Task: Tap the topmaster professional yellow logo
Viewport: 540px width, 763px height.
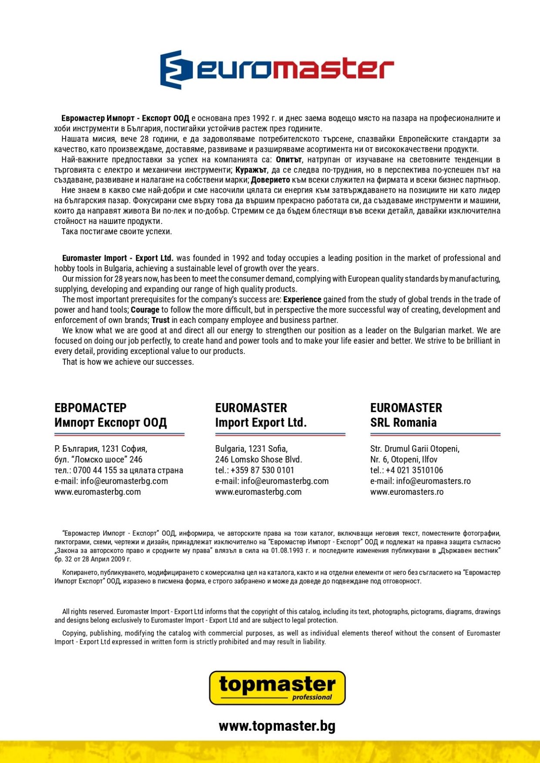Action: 277,687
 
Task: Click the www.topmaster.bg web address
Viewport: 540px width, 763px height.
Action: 277,726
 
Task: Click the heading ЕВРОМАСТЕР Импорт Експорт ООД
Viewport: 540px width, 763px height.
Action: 111,415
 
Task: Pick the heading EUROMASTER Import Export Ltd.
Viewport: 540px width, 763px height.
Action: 261,415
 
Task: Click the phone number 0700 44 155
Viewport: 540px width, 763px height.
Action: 95,470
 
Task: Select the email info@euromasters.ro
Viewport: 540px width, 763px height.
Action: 433,481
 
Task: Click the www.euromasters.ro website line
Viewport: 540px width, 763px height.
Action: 407,492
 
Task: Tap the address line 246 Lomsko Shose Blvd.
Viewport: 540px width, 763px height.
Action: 258,460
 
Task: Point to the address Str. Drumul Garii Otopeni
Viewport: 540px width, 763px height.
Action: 415,449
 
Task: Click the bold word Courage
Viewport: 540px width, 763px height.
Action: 145,310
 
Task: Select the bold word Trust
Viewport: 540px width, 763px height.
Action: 161,320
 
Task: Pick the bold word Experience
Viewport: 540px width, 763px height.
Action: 302,300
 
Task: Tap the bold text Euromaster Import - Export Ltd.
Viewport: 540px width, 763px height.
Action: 117,258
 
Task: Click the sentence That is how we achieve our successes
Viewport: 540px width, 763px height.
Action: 128,362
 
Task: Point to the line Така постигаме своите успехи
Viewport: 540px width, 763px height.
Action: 117,232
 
